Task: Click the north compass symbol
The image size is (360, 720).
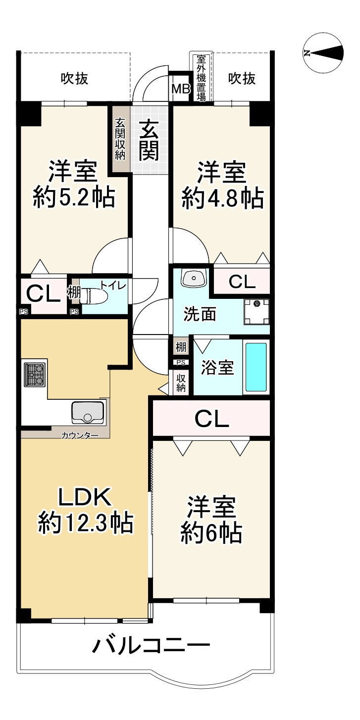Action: (x=324, y=53)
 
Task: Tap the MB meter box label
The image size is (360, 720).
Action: (x=181, y=89)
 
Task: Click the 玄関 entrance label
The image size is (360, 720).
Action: (x=149, y=140)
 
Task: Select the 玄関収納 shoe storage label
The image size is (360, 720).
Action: (x=121, y=139)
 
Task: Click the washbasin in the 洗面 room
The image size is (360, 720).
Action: (x=194, y=278)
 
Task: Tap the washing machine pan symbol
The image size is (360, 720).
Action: (x=257, y=312)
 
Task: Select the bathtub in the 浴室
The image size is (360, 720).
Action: (x=257, y=367)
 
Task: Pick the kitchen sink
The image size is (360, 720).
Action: (x=88, y=412)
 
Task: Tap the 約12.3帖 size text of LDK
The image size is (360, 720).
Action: (x=86, y=524)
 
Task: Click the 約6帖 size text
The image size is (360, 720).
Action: (x=211, y=533)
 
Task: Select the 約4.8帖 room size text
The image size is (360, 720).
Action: (x=223, y=198)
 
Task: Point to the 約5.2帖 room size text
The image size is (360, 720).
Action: (x=74, y=197)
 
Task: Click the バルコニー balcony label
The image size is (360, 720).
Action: (x=151, y=645)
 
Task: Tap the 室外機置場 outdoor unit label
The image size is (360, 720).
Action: (x=202, y=78)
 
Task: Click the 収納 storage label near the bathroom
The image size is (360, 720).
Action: (x=181, y=383)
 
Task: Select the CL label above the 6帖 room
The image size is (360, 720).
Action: (x=211, y=419)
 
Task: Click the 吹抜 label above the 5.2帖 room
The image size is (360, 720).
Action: (x=75, y=78)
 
